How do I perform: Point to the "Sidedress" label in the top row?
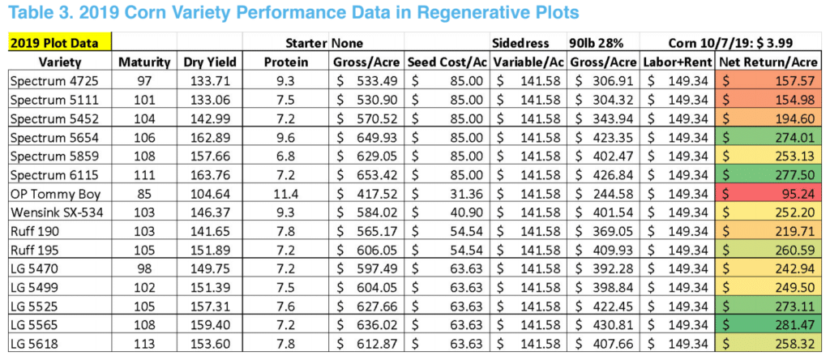coord(520,43)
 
